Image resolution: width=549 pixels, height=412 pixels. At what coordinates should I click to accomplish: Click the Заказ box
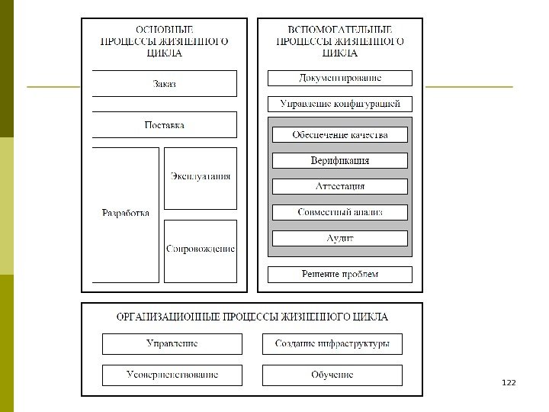[164, 83]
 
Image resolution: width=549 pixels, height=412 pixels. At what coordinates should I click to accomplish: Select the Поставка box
[164, 124]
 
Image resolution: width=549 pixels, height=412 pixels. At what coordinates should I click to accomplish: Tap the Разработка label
[125, 213]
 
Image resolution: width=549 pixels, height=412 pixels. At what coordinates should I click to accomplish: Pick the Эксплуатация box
[200, 177]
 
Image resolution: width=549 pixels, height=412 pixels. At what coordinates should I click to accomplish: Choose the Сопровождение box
[200, 249]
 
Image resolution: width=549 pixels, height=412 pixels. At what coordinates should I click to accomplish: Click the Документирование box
[340, 78]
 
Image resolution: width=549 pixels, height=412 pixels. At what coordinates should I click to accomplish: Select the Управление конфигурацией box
[340, 104]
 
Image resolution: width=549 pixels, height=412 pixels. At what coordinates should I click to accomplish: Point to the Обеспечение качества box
[340, 135]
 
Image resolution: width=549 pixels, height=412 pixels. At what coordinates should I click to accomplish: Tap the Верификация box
[340, 160]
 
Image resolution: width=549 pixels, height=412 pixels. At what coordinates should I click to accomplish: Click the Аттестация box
[340, 186]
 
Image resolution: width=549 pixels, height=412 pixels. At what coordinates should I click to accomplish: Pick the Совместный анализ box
[340, 212]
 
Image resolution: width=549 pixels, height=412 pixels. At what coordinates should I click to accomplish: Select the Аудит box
[340, 238]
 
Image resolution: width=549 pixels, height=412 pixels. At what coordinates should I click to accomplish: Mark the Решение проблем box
[340, 274]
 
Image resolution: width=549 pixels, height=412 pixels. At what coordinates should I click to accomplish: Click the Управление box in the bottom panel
[172, 344]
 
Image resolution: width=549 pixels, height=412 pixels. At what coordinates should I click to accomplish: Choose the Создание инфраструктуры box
[332, 344]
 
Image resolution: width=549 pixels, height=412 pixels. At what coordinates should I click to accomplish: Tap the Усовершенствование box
[172, 375]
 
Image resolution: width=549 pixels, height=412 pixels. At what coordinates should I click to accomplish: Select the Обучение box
[332, 375]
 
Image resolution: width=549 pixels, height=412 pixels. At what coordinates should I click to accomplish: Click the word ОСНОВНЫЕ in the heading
[164, 28]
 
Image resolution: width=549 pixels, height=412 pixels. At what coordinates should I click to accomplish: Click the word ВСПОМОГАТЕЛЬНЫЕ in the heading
[340, 28]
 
